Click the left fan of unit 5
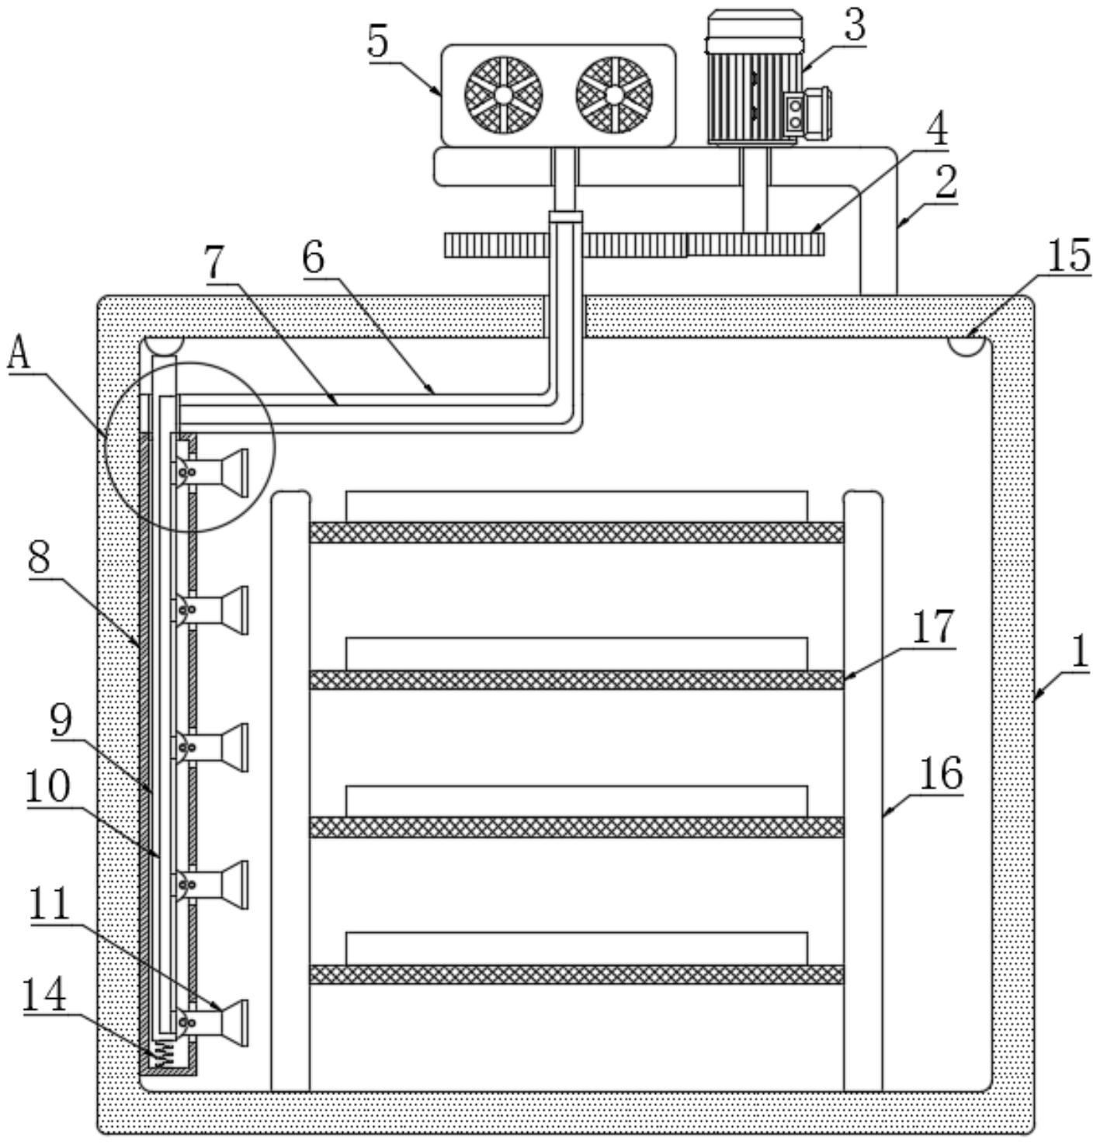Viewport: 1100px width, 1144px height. click(x=503, y=95)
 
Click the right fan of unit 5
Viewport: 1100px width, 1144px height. click(x=614, y=95)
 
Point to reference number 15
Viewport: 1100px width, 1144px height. click(x=1069, y=256)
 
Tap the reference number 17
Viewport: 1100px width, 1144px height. click(x=932, y=627)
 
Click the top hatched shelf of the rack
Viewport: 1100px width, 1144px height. click(x=576, y=532)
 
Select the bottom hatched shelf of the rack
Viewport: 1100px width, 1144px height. click(x=576, y=974)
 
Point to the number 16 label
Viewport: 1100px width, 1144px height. click(x=942, y=773)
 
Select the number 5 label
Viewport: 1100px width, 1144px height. click(x=378, y=42)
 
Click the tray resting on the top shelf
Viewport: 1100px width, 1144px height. click(x=576, y=506)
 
